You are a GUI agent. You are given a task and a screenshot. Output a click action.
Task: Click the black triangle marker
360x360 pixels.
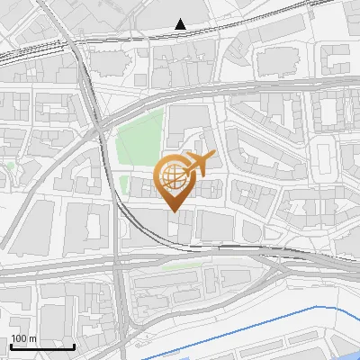[x=181, y=23]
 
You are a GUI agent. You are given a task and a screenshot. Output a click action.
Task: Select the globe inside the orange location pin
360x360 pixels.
[x=172, y=174]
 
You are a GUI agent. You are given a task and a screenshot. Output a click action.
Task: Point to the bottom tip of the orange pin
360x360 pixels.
[x=173, y=211]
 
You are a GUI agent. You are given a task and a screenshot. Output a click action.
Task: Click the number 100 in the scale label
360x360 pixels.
[x=19, y=338]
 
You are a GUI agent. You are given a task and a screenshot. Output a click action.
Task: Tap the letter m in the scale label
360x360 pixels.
[x=32, y=338]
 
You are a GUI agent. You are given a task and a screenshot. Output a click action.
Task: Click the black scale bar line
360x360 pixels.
[x=41, y=346]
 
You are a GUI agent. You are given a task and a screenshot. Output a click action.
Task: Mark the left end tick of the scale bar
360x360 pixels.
[x=10, y=345]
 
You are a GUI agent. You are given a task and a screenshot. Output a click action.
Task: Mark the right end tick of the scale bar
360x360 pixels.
[x=74, y=345]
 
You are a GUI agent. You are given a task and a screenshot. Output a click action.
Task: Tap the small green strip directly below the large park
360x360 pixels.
[x=124, y=184]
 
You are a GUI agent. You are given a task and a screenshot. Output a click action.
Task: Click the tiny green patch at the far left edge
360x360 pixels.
[x=10, y=166]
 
